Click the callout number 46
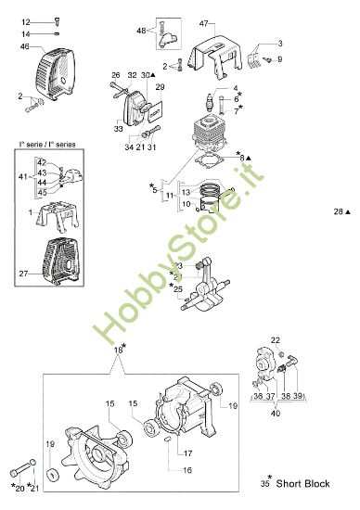click(25, 46)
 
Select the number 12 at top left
click(25, 20)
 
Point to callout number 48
click(142, 31)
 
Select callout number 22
click(276, 340)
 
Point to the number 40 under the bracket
click(276, 414)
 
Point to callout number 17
click(187, 453)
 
